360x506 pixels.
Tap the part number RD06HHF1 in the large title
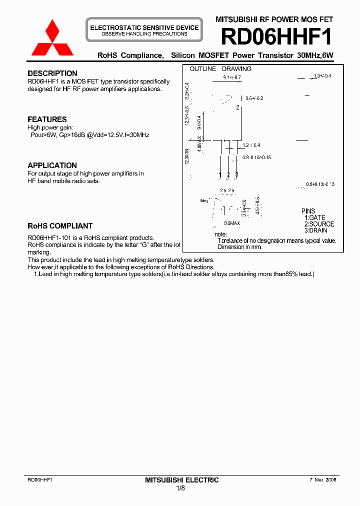(276, 37)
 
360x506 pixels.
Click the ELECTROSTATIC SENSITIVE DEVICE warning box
(144, 30)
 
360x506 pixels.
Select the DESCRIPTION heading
(52, 73)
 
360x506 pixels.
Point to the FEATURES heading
(47, 119)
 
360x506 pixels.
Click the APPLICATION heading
(52, 165)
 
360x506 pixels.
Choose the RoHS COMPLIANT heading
(60, 226)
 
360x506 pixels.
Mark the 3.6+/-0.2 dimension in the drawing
(253, 98)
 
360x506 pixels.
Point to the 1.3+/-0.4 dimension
(322, 76)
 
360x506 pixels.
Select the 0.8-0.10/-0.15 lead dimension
(256, 157)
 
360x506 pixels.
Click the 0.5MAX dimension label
(232, 223)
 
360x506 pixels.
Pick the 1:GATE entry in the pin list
(314, 218)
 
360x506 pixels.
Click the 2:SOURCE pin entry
(319, 224)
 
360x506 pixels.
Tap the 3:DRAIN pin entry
(316, 230)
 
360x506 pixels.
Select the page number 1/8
(180, 488)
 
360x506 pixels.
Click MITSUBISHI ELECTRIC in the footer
(181, 480)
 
